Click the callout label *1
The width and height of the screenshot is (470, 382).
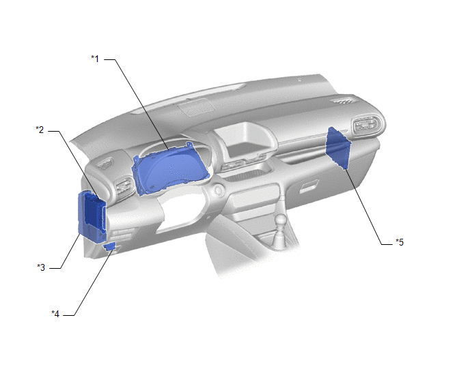click(95, 59)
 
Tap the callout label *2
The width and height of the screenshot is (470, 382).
click(40, 130)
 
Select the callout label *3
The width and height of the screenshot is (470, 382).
click(41, 267)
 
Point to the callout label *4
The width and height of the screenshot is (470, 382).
click(55, 314)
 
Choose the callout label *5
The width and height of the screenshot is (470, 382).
click(400, 242)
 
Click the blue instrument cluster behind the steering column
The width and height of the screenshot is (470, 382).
click(171, 168)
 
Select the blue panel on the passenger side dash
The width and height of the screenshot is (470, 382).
click(338, 148)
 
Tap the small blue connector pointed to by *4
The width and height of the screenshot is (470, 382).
click(109, 246)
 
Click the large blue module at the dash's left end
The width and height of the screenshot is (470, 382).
click(92, 216)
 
